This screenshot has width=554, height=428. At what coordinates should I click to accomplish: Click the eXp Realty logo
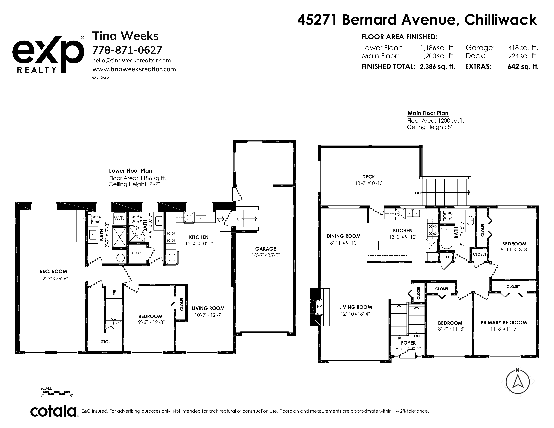click(x=48, y=55)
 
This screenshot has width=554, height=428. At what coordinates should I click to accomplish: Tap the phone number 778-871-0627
click(x=127, y=50)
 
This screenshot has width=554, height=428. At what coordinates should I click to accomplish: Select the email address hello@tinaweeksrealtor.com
click(x=131, y=60)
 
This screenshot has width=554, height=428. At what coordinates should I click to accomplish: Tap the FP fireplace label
click(x=319, y=306)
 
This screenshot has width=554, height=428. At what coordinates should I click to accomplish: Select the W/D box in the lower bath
click(x=119, y=218)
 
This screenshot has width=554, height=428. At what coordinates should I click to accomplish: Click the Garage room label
click(x=266, y=249)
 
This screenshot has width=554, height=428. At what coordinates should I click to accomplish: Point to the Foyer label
click(x=408, y=343)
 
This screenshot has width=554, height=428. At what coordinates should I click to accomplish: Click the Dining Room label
click(x=343, y=236)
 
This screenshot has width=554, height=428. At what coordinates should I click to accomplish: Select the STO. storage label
click(x=106, y=342)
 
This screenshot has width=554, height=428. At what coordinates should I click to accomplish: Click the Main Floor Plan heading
click(x=428, y=113)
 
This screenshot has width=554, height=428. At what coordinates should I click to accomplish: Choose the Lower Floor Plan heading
click(x=131, y=171)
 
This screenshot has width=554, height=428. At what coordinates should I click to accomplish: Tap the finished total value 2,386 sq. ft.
click(x=437, y=67)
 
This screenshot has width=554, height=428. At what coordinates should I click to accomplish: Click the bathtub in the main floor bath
click(x=447, y=238)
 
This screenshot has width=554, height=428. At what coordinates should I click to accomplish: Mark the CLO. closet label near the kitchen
click(x=446, y=257)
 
